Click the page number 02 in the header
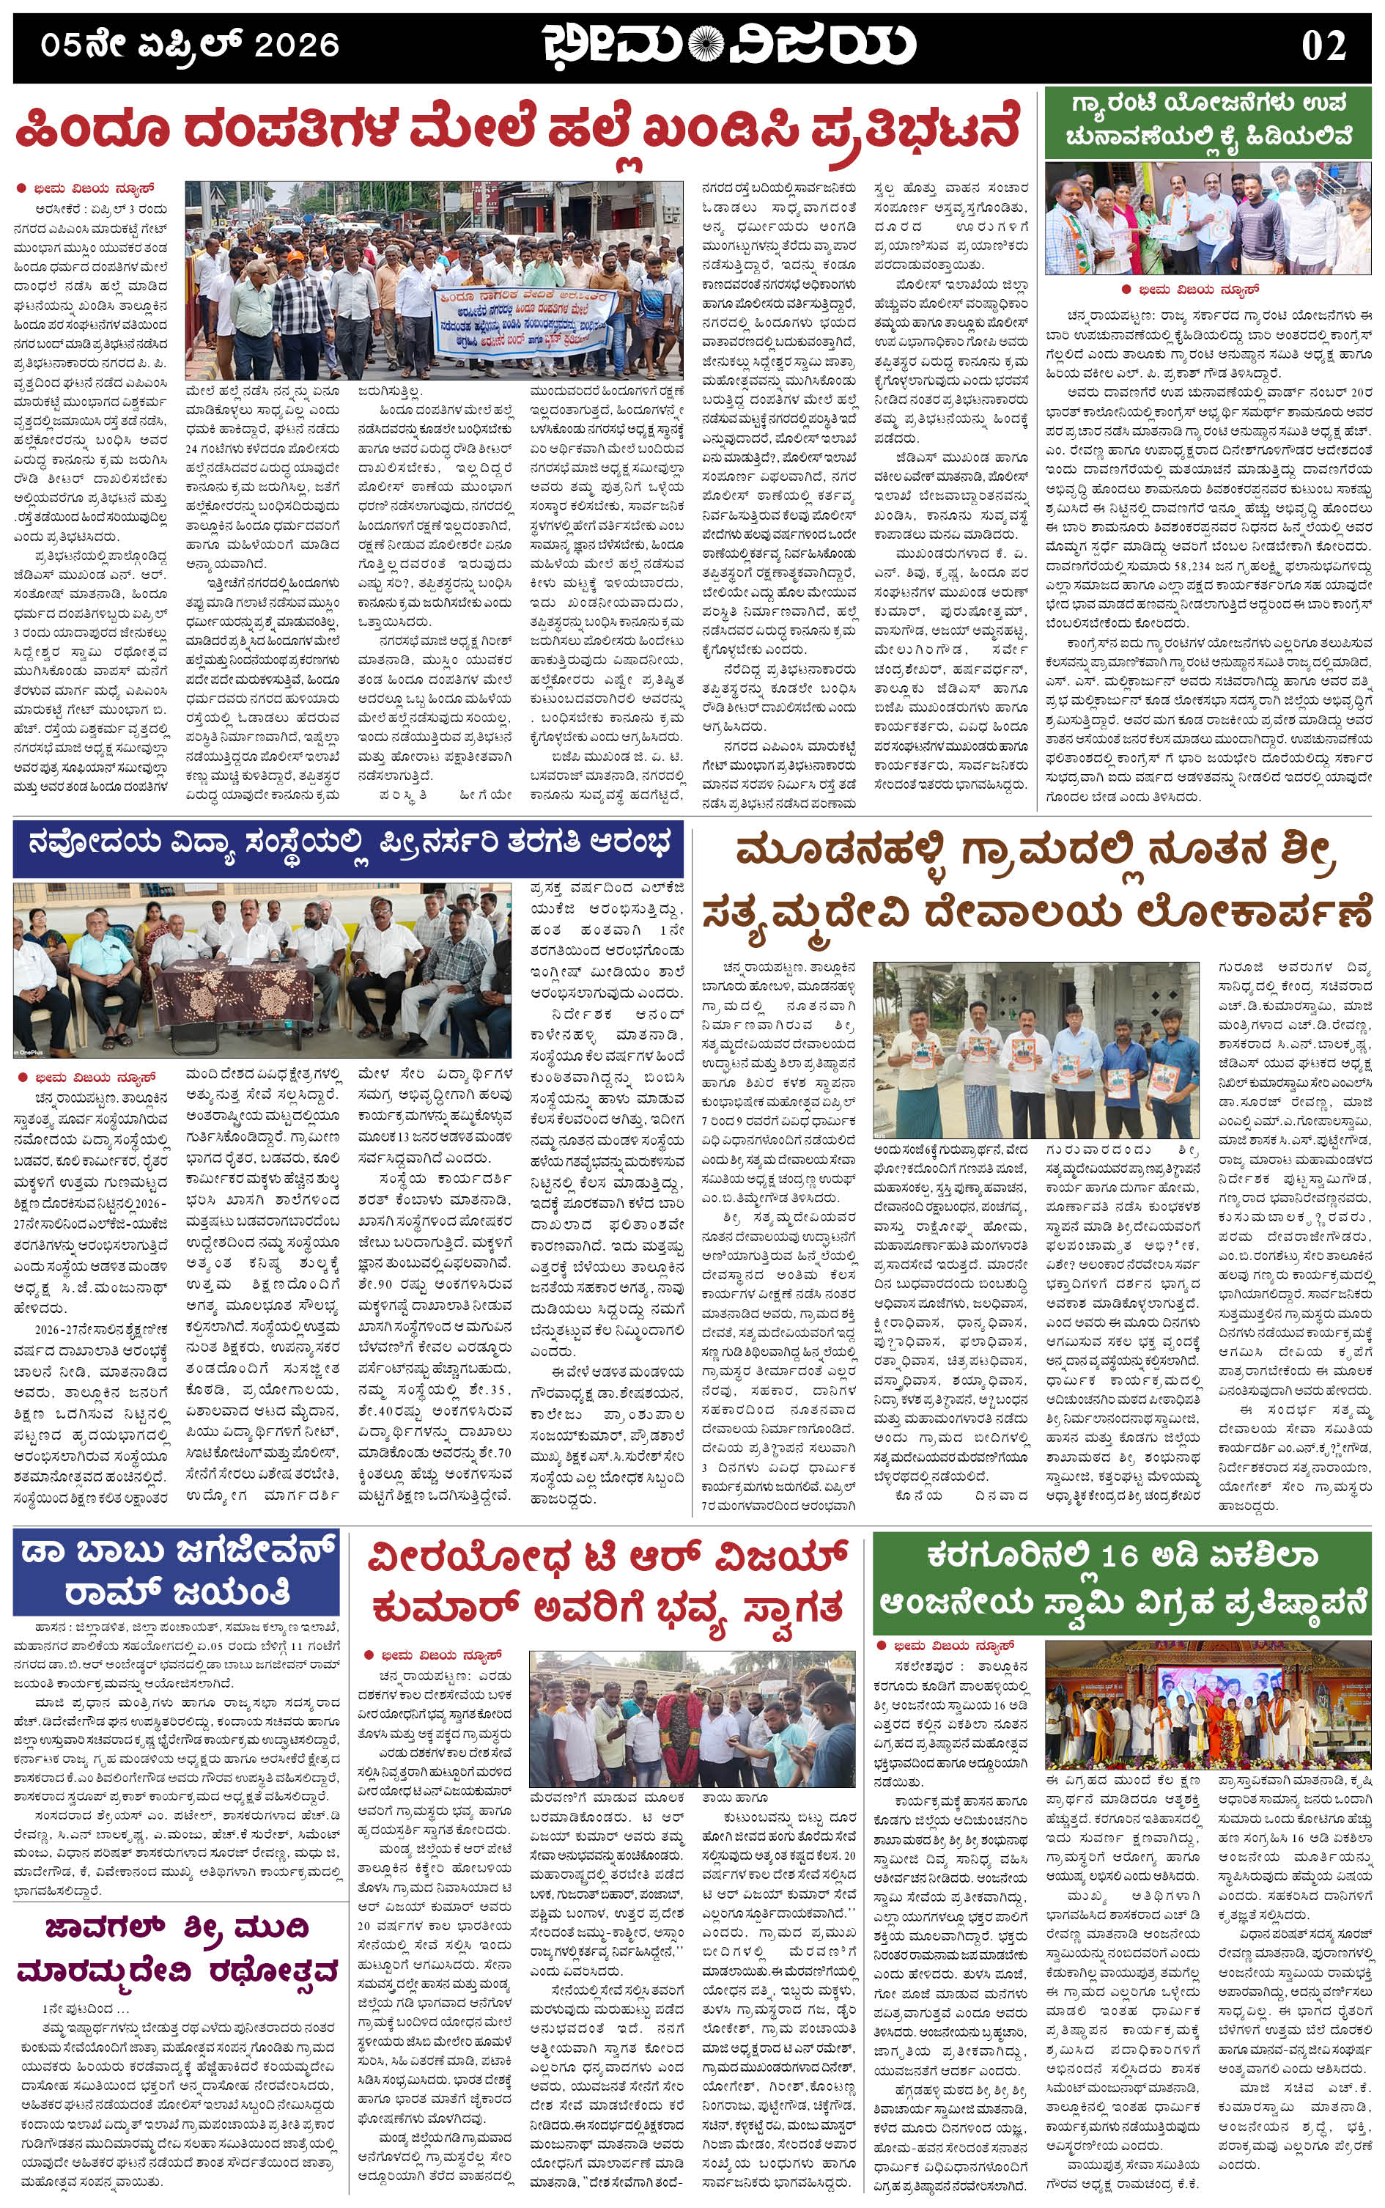pyautogui.click(x=1323, y=45)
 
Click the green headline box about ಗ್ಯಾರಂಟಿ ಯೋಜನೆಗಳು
pyautogui.click(x=1208, y=121)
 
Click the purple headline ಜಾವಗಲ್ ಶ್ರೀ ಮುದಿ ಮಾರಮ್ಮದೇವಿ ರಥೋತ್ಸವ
pyautogui.click(x=176, y=1951)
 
